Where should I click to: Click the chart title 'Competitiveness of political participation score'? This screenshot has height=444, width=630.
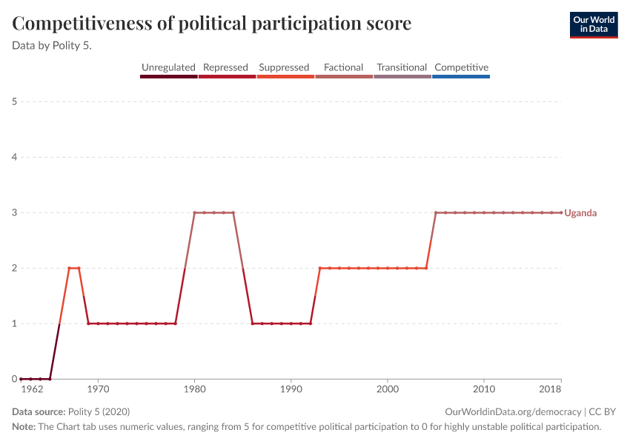coord(212,24)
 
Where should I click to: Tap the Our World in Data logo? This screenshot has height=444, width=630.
coord(594,24)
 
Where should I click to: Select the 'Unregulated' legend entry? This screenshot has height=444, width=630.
coord(168,67)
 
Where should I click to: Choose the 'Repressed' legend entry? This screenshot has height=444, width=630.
coord(225,67)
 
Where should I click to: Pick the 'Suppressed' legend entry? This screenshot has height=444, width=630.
coord(284,67)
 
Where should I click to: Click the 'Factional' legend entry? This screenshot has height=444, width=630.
coord(343,67)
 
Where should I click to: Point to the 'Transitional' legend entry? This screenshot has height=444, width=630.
coord(402,67)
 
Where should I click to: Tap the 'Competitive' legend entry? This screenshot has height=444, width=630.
coord(461,67)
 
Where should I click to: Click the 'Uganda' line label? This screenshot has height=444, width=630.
coord(580,213)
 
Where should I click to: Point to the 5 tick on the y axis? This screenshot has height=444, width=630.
coord(15,101)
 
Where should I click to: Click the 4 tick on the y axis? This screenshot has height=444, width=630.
coord(15,157)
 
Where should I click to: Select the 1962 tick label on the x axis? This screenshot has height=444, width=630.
coord(31,388)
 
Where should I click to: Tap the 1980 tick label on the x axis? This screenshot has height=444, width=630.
coord(194,388)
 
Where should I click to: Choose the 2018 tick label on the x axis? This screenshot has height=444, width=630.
coord(551,388)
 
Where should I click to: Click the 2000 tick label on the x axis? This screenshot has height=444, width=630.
coord(388,388)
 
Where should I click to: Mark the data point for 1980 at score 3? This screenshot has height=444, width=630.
coord(194,212)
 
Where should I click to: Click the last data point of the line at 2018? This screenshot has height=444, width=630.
coord(561,212)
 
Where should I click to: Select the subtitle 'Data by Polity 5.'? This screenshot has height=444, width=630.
coord(57,45)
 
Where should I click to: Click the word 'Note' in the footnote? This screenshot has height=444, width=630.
coord(23,427)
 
